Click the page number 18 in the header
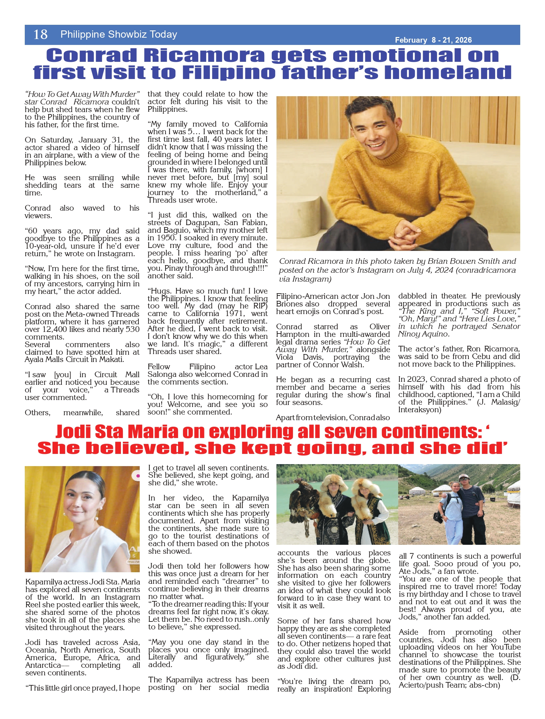pos(40,34)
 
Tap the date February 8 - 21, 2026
pos(433,40)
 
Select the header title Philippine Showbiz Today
pos(119,34)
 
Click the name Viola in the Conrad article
pos(285,357)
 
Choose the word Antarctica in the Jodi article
pos(43,665)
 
